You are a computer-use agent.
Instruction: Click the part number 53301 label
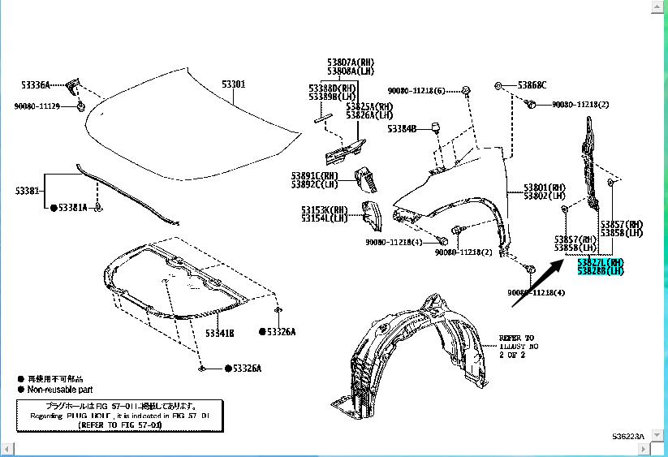[x=234, y=84]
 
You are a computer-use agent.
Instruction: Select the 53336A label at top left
[x=36, y=84]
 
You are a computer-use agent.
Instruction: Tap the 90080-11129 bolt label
[x=37, y=106]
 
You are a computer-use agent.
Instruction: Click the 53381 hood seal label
[x=26, y=191]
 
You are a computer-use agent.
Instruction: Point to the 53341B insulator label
[x=219, y=333]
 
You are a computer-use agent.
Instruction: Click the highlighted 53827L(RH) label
[x=600, y=262]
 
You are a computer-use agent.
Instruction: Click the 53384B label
[x=401, y=128]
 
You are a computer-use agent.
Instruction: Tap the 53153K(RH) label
[x=324, y=209]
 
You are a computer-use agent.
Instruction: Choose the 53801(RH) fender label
[x=545, y=187]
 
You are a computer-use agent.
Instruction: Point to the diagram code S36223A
[x=628, y=437]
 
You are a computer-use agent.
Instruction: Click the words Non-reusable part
[x=59, y=390]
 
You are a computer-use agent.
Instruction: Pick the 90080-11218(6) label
[x=416, y=90]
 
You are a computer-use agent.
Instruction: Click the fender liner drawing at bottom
[x=411, y=349]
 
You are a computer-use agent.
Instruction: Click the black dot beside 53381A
[x=54, y=209]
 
